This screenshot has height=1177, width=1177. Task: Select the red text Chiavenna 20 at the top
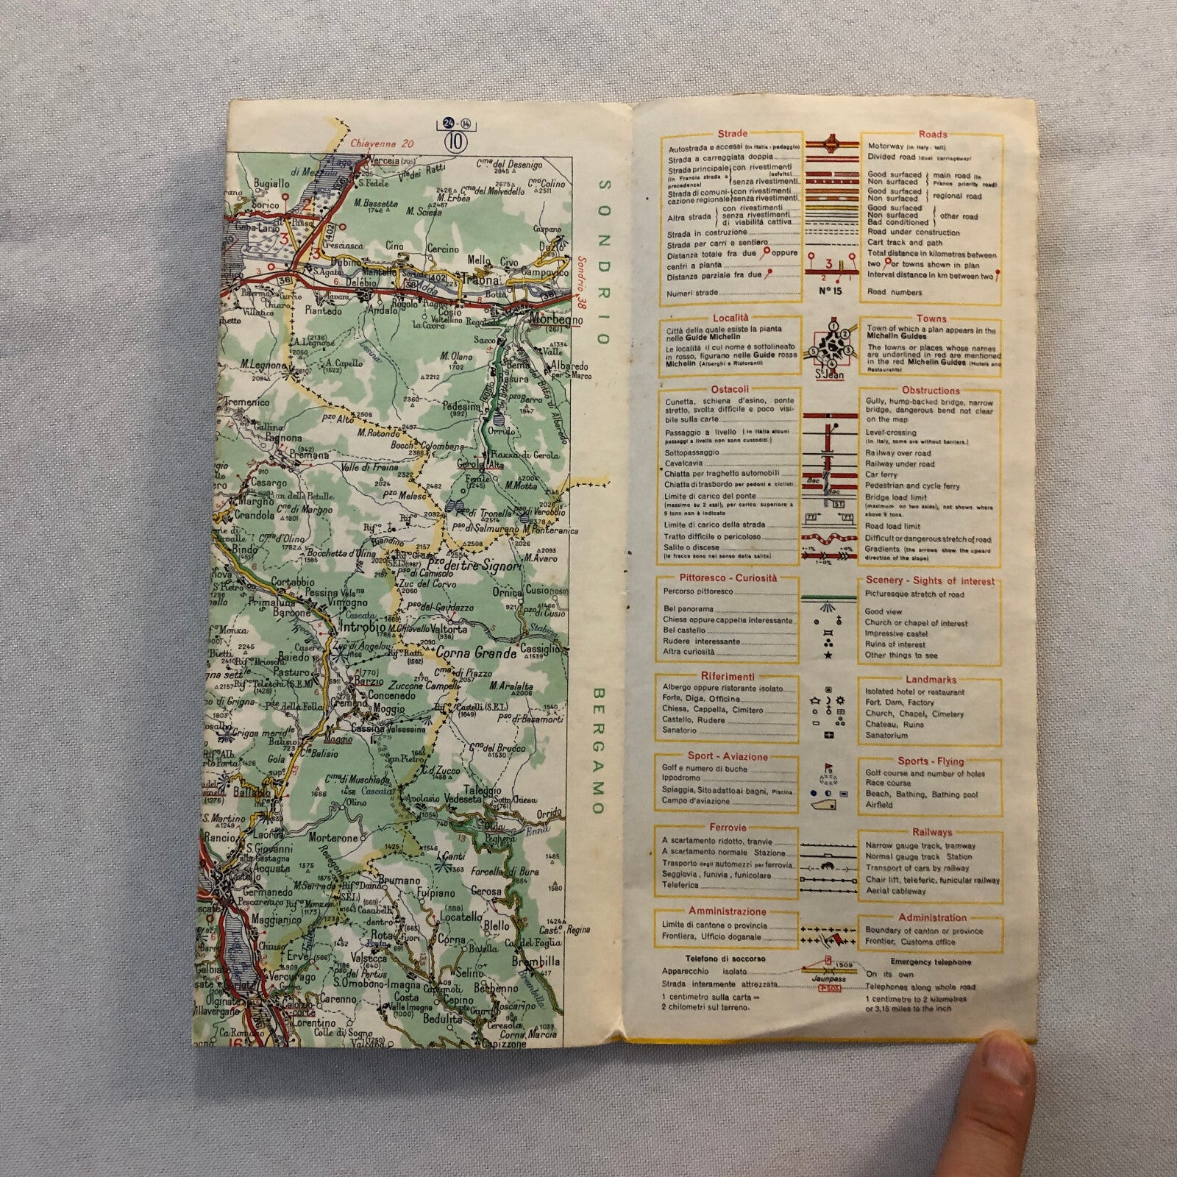(384, 143)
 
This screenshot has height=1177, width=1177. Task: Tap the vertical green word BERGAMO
(597, 750)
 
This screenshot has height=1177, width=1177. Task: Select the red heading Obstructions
(930, 390)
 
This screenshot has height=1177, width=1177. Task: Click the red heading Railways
(932, 832)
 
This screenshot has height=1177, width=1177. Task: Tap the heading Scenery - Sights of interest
(930, 580)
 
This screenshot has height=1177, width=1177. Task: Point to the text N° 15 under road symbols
(829, 289)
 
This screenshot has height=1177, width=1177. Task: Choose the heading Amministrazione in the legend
(727, 911)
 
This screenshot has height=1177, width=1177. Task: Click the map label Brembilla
(539, 961)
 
